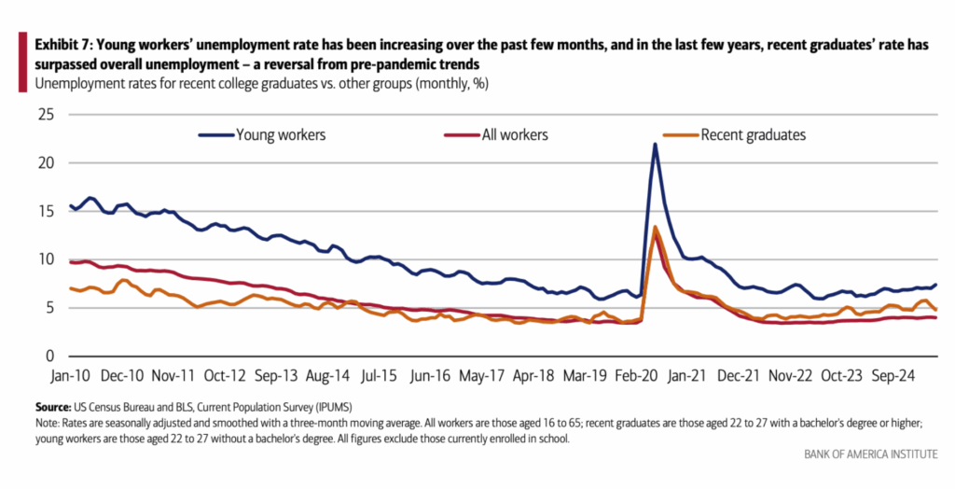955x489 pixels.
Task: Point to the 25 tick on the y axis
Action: (44, 115)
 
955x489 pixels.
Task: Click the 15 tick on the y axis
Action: (44, 212)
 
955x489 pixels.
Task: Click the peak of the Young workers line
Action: (655, 144)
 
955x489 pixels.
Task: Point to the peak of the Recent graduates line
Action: (656, 227)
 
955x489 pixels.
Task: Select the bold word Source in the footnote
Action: (53, 409)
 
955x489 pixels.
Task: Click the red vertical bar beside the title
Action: (21, 62)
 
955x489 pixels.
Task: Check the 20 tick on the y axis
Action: (44, 163)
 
